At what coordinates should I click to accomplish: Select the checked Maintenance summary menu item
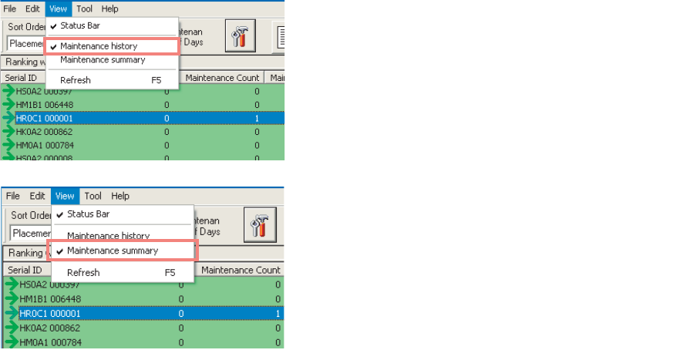click(x=113, y=251)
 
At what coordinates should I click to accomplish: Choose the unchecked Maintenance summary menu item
click(x=103, y=59)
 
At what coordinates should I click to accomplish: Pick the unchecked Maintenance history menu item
click(x=108, y=235)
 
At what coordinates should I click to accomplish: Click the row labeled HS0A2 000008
click(x=45, y=156)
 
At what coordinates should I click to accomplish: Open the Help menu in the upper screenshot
click(x=109, y=8)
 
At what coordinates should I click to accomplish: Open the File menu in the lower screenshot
click(x=13, y=196)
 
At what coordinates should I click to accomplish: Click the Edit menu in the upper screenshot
click(x=33, y=8)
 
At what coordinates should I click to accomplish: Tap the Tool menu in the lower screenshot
click(x=93, y=196)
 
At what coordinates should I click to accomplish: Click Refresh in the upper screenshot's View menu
click(x=76, y=80)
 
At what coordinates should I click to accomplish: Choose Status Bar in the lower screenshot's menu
click(x=88, y=214)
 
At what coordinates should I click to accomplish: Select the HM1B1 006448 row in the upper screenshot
click(x=45, y=105)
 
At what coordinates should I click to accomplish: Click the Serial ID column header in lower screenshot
click(x=25, y=270)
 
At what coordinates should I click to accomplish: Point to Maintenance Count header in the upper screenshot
click(x=222, y=77)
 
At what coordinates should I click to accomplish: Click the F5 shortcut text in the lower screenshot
click(x=170, y=273)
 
